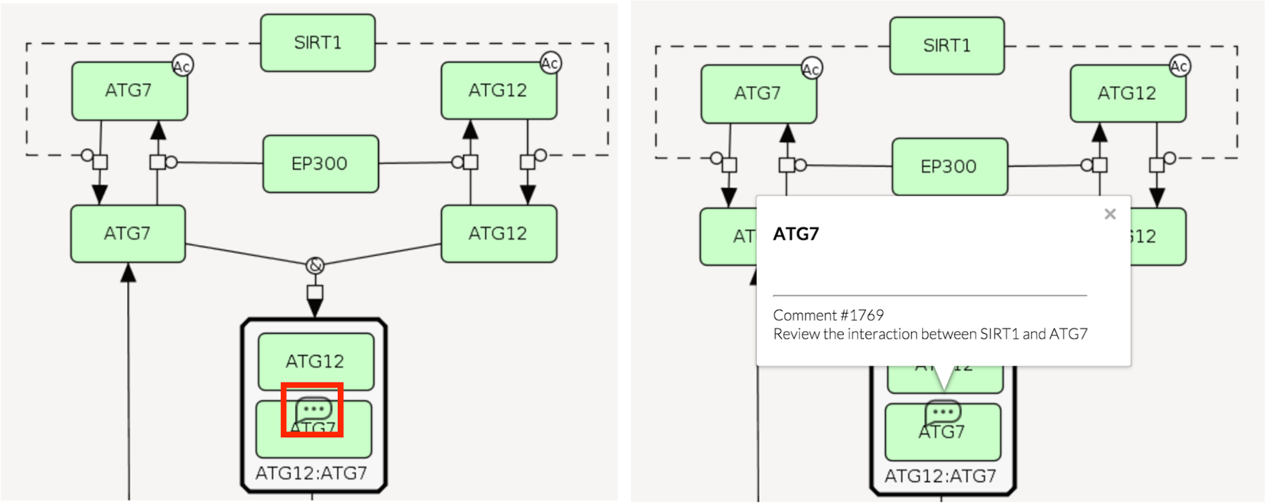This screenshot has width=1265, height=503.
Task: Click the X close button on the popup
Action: pyautogui.click(x=1110, y=214)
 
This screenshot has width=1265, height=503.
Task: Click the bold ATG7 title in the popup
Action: pyautogui.click(x=796, y=234)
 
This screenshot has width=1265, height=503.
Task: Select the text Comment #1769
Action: pyautogui.click(x=828, y=315)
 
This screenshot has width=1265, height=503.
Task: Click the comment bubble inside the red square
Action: pyautogui.click(x=313, y=410)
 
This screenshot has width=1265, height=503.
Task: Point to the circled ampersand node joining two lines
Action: pyautogui.click(x=315, y=266)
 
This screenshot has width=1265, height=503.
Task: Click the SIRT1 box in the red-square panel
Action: pyautogui.click(x=318, y=43)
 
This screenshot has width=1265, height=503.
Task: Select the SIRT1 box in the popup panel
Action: pyautogui.click(x=947, y=46)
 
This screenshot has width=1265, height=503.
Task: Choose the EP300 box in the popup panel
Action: pyautogui.click(x=949, y=166)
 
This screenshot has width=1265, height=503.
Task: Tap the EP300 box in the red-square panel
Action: pyautogui.click(x=320, y=164)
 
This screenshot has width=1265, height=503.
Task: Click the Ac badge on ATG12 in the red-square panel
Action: pyautogui.click(x=550, y=63)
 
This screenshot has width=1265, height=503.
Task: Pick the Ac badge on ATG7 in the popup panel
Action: pyautogui.click(x=811, y=68)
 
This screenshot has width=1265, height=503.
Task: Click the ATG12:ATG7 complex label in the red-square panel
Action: pyautogui.click(x=311, y=473)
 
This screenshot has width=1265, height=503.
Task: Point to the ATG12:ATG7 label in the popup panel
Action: pyautogui.click(x=940, y=476)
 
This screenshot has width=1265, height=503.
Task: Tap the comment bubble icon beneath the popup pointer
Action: pyautogui.click(x=943, y=413)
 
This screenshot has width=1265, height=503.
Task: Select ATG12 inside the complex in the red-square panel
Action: pyautogui.click(x=315, y=361)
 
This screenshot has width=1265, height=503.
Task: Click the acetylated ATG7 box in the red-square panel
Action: pyautogui.click(x=128, y=91)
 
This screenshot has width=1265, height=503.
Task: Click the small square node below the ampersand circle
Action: pyautogui.click(x=315, y=292)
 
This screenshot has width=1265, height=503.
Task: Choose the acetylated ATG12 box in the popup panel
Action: pyautogui.click(x=1127, y=94)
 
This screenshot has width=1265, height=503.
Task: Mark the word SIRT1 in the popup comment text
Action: pyautogui.click(x=999, y=334)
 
